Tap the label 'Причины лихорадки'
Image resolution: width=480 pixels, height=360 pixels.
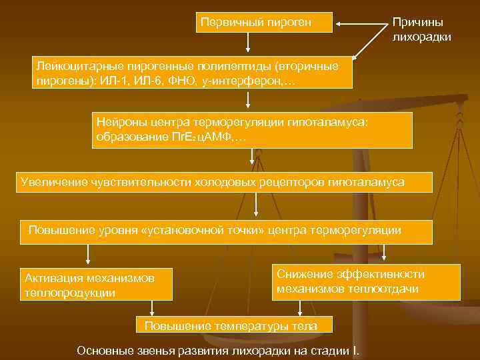pyautogui.click(x=421, y=30)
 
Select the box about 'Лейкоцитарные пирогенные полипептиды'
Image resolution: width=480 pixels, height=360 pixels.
pyautogui.click(x=193, y=73)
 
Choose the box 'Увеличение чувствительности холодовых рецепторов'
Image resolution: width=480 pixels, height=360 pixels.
pyautogui.click(x=223, y=182)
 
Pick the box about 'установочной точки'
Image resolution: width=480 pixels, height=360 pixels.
pyautogui.click(x=226, y=231)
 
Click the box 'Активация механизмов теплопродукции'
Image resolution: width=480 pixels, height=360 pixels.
pyautogui.click(x=97, y=285)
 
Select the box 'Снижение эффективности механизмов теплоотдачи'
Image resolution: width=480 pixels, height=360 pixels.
pyautogui.click(x=365, y=281)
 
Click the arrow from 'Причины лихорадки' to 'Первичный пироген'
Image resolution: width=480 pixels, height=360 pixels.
pyautogui.click(x=363, y=23)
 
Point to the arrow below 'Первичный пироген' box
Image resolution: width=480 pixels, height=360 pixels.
pyautogui.click(x=248, y=43)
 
